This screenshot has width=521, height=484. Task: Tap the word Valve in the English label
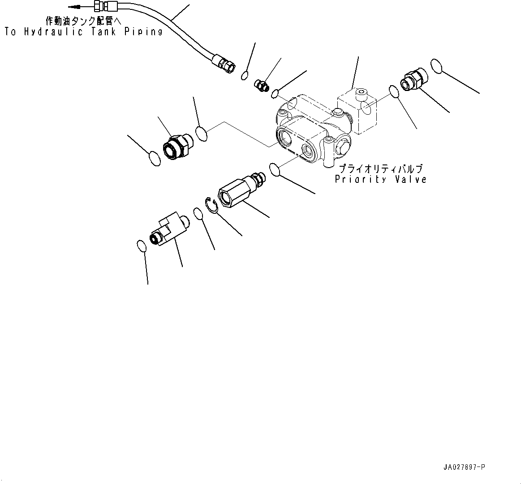click(409, 179)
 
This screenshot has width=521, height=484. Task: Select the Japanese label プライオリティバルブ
click(380, 169)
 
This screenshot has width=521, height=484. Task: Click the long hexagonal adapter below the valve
click(237, 191)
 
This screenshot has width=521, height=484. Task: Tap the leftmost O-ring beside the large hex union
click(154, 159)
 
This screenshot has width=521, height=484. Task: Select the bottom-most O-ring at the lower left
click(141, 246)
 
